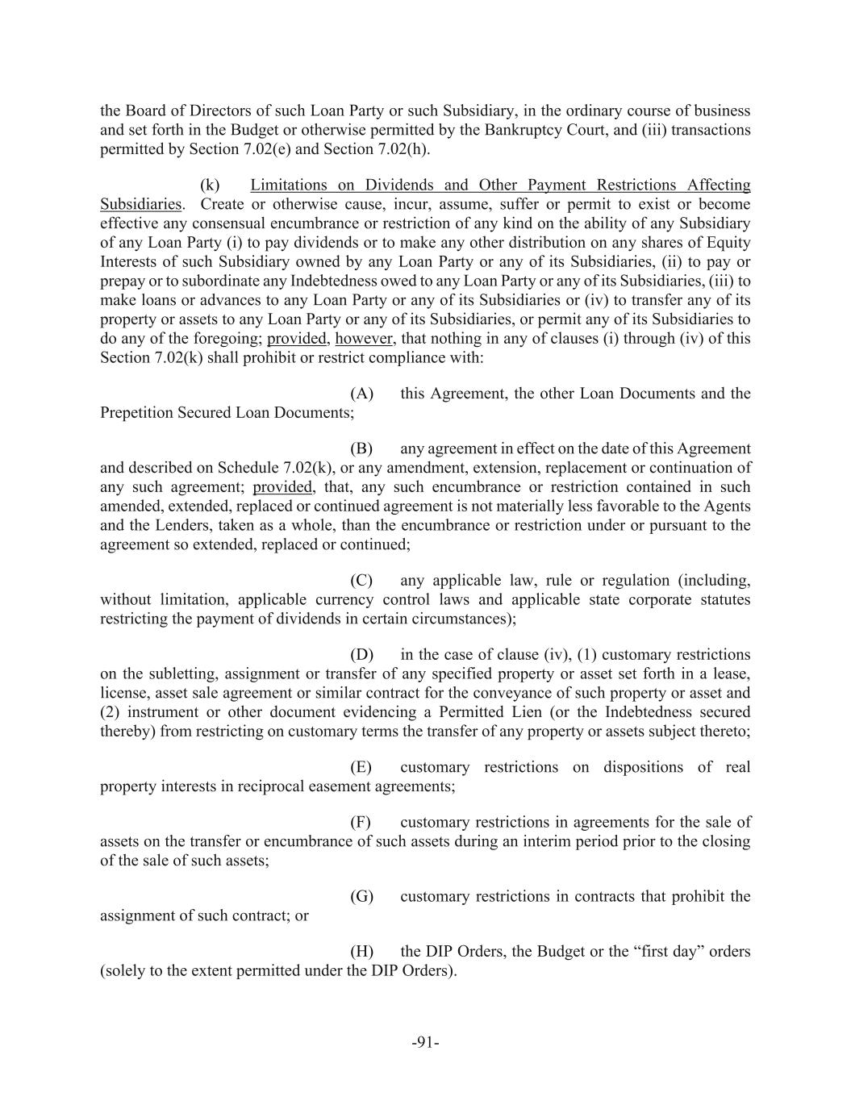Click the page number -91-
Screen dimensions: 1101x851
[425, 1042]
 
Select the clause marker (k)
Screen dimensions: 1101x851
[210, 185]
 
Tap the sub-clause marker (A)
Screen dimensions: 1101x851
[361, 394]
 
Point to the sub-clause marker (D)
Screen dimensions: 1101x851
[361, 655]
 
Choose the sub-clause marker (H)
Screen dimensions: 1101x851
[361, 952]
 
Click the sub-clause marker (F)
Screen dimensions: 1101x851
[361, 823]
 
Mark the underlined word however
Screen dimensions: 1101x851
[365, 339]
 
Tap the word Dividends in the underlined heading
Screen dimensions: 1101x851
[397, 185]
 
